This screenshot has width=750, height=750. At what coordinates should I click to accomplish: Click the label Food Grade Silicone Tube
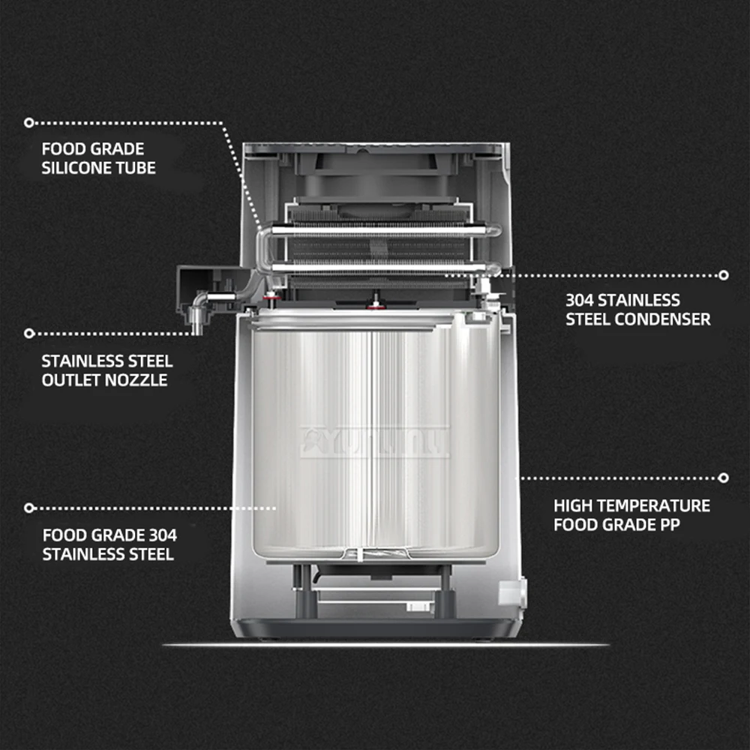(98, 158)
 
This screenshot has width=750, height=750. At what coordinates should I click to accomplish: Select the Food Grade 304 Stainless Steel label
(109, 545)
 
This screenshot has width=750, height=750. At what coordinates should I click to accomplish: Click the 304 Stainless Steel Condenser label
(637, 310)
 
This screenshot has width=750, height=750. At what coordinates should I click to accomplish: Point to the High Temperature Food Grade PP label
(631, 515)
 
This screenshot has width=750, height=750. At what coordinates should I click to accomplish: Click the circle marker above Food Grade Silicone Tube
(29, 121)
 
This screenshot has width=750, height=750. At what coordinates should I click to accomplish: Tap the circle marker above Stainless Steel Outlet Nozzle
(29, 333)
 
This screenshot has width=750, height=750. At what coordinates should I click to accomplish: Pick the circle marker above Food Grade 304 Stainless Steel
(29, 508)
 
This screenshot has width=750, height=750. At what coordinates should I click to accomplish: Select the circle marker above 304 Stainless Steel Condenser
(723, 275)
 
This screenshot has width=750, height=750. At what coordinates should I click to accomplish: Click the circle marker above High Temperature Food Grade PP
(723, 477)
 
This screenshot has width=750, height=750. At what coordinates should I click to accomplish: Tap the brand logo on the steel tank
(374, 442)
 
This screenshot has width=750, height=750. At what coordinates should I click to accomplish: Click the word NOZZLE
(136, 380)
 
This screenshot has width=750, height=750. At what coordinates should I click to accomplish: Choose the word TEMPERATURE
(649, 505)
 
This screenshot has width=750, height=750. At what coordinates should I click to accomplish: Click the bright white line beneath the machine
(385, 644)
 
